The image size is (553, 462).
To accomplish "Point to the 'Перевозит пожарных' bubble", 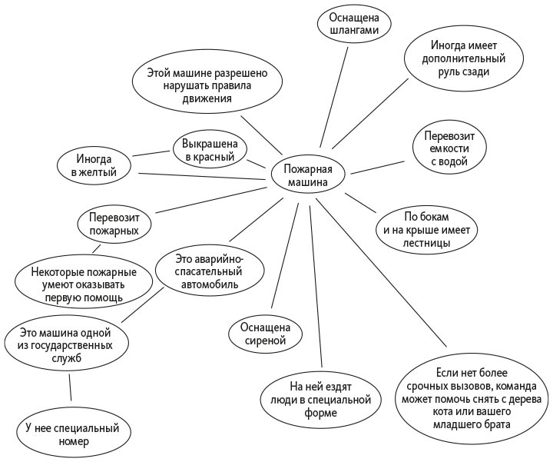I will click(x=113, y=223).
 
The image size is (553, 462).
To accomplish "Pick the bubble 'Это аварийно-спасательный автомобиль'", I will click(x=210, y=271).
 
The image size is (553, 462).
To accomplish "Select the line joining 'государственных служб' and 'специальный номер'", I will click(x=70, y=388).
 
